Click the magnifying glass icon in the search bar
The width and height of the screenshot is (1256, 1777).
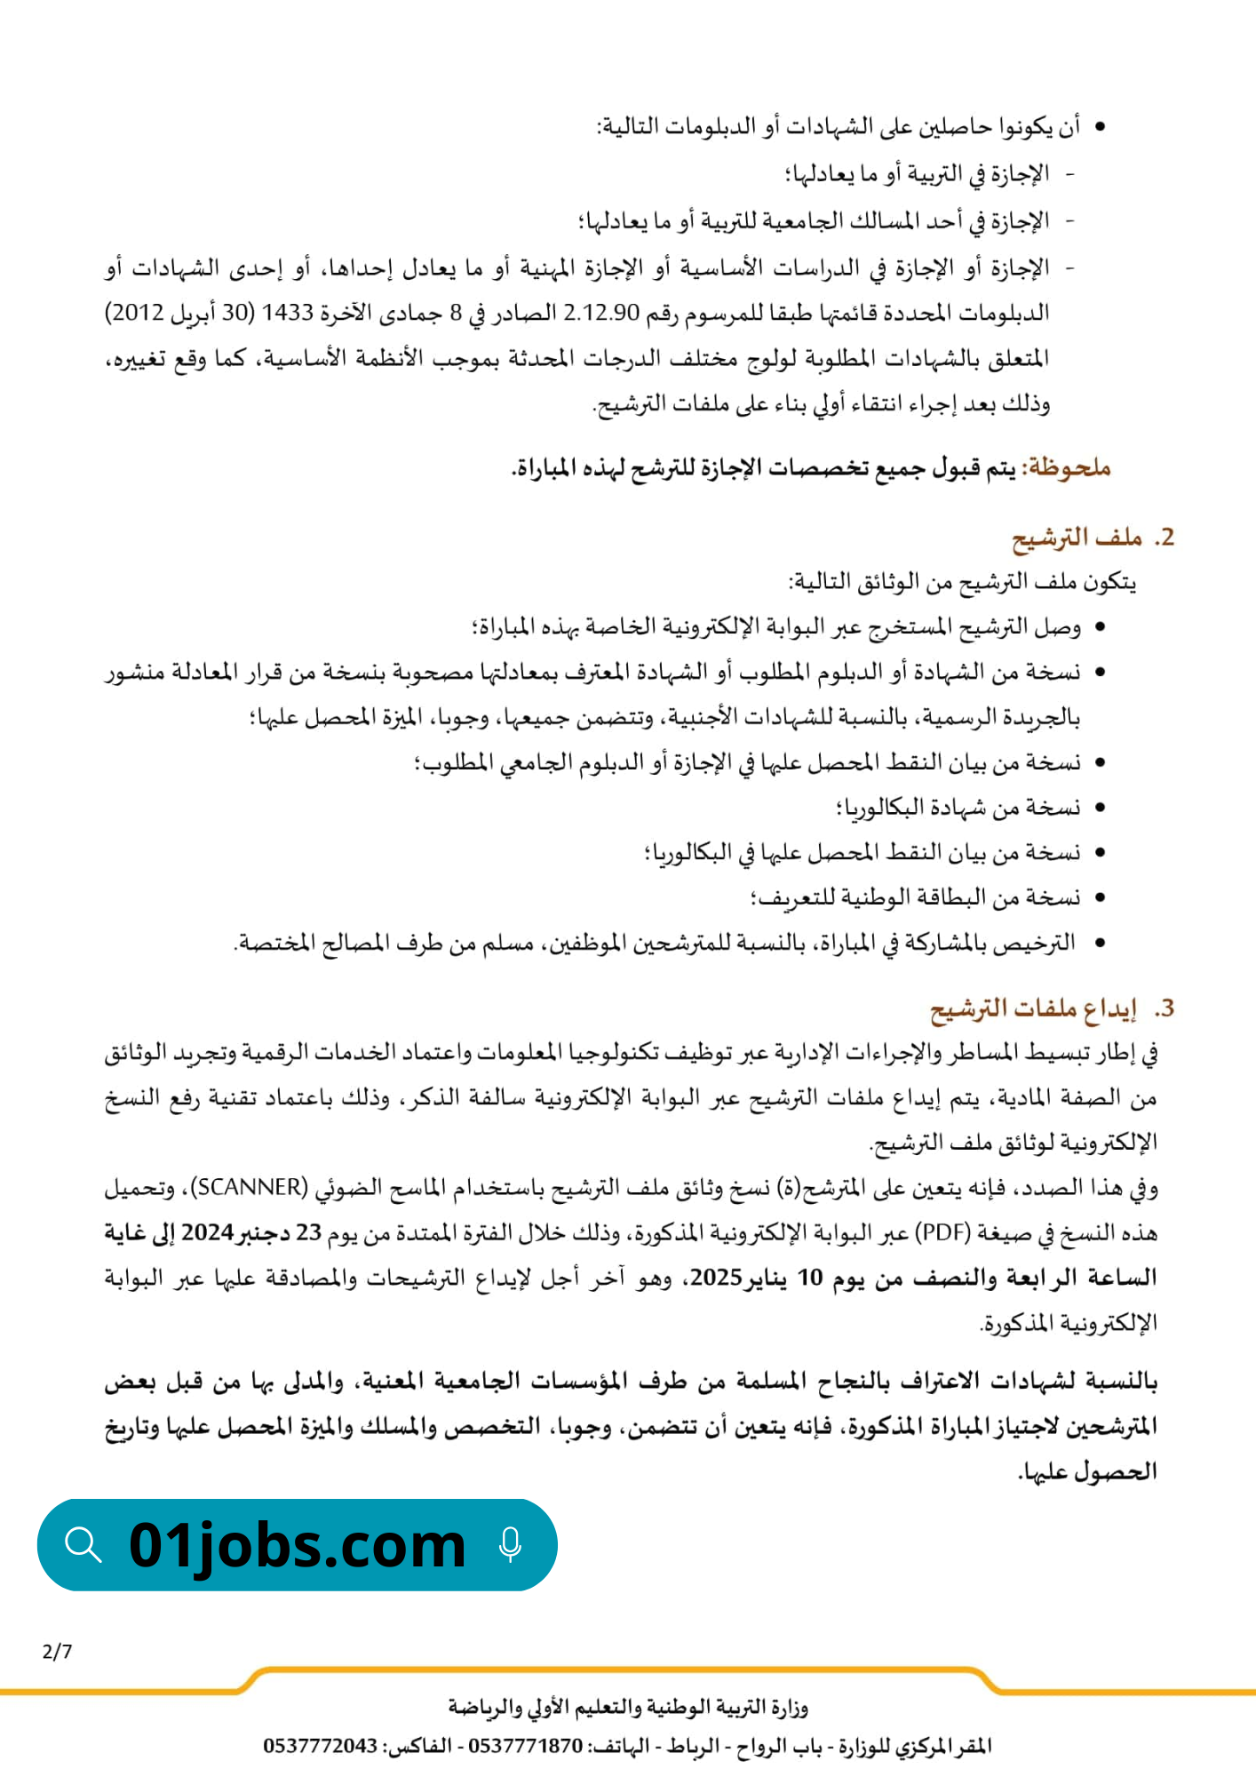coord(83,1544)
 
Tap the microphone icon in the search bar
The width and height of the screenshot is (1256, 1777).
coord(510,1544)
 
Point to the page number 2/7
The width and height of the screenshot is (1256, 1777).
coord(57,1652)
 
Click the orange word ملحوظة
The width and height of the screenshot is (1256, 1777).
coord(1068,468)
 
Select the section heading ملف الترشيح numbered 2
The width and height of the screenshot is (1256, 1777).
coord(1077,538)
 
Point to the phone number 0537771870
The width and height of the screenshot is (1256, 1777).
coord(525,1746)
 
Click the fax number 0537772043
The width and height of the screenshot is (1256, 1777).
coord(320,1746)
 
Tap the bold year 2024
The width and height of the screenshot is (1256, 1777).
coord(207,1232)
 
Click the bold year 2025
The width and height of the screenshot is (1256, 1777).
coord(716,1278)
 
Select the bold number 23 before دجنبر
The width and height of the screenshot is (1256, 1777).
coord(308,1232)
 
